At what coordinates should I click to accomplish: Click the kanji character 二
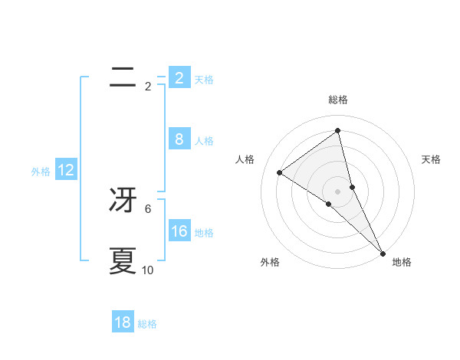click(x=123, y=76)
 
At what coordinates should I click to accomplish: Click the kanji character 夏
click(x=123, y=261)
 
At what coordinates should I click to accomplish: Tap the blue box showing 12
click(x=66, y=170)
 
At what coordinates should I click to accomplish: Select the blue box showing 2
click(x=179, y=77)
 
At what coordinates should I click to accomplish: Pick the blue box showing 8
click(x=179, y=139)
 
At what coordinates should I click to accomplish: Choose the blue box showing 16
click(x=179, y=231)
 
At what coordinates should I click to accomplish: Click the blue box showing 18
click(x=123, y=322)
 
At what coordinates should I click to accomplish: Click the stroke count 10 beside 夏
click(x=148, y=270)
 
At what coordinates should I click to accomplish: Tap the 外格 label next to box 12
click(x=41, y=172)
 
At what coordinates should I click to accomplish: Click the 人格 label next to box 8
click(x=204, y=141)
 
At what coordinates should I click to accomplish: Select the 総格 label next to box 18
click(x=147, y=324)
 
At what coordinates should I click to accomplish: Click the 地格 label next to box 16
click(x=204, y=233)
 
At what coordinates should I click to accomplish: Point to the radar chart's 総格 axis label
click(x=338, y=100)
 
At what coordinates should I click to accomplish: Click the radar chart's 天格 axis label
click(x=432, y=159)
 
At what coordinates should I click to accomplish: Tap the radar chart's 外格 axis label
click(x=269, y=262)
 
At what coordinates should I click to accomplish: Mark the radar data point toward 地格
click(x=383, y=253)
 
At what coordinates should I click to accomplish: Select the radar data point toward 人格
click(x=279, y=172)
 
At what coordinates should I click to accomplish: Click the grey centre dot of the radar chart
click(x=338, y=191)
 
